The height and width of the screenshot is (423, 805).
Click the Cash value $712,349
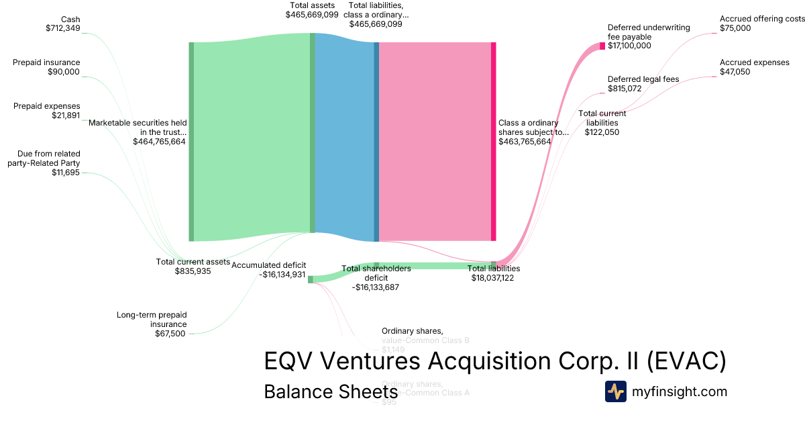pyautogui.click(x=62, y=28)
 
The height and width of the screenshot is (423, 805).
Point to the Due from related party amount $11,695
pyautogui.click(x=66, y=173)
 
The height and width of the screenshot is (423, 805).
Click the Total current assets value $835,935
pyautogui.click(x=193, y=271)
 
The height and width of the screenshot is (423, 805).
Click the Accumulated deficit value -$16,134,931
pyautogui.click(x=268, y=275)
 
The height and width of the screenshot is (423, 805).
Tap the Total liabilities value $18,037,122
pyautogui.click(x=492, y=278)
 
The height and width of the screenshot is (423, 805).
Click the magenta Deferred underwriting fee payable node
pyautogui.click(x=602, y=46)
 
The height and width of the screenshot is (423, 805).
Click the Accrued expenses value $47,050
pyautogui.click(x=735, y=72)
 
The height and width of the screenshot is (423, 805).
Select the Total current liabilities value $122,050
pyautogui.click(x=602, y=132)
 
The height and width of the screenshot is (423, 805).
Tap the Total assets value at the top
pyautogui.click(x=312, y=14)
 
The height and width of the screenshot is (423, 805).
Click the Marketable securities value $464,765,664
pyautogui.click(x=159, y=142)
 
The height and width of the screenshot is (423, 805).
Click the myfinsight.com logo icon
pyautogui.click(x=616, y=391)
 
